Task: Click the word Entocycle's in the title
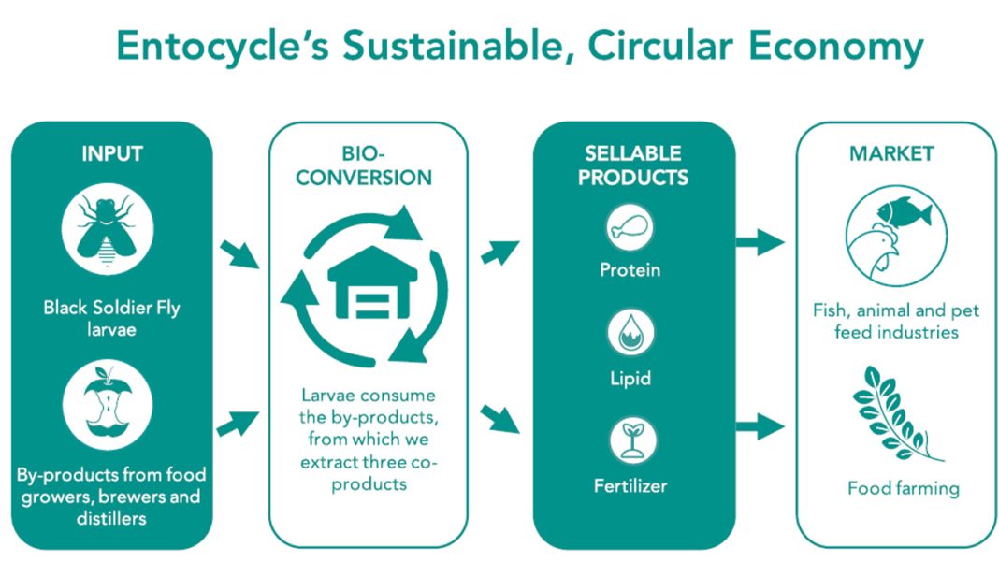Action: [x=223, y=46]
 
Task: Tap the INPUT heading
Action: [x=112, y=153]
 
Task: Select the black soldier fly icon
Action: [x=107, y=229]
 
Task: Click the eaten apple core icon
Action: [x=107, y=405]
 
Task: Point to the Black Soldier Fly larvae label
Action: [x=111, y=319]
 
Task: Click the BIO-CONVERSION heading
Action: [x=364, y=166]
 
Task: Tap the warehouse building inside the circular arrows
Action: [x=372, y=282]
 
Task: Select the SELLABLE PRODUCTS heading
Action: [x=633, y=166]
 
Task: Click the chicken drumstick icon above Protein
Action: [x=630, y=227]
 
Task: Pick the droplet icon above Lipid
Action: [x=630, y=333]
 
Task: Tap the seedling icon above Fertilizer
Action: [x=632, y=440]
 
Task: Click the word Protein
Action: [x=630, y=270]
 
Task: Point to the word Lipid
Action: [x=630, y=379]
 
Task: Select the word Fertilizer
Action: [x=630, y=486]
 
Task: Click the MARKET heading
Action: [x=891, y=153]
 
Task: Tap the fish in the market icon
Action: [x=905, y=212]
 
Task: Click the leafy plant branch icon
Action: [x=896, y=413]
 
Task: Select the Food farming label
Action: [x=904, y=489]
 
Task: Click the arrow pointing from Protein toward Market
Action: [x=760, y=242]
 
